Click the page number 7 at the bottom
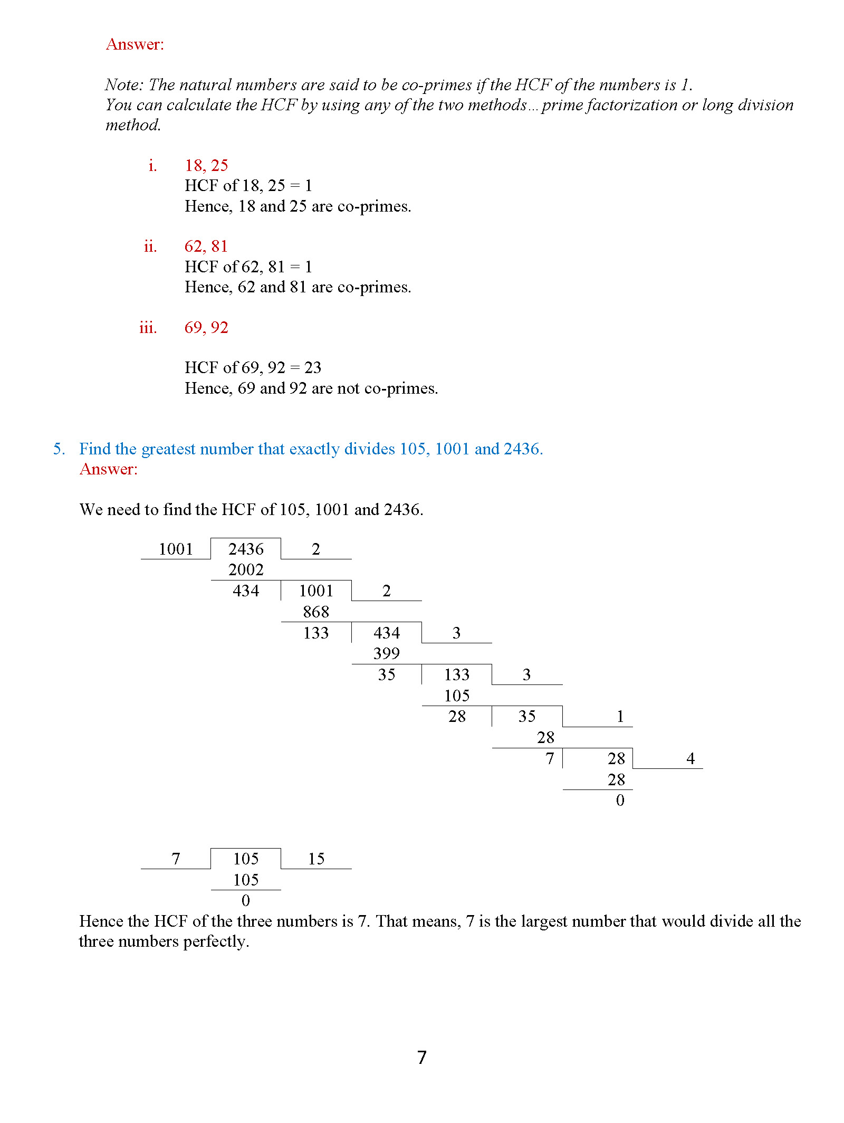[x=421, y=1058]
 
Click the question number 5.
[x=59, y=449]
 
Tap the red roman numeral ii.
[x=150, y=246]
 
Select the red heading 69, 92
[x=206, y=328]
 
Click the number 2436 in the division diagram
[x=246, y=549]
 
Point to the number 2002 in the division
[x=246, y=570]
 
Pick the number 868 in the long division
[x=316, y=612]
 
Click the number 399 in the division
[x=386, y=654]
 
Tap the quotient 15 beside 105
[x=316, y=859]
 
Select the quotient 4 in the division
[x=690, y=759]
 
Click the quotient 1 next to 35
[x=620, y=717]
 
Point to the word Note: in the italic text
[x=124, y=85]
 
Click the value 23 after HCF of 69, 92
[x=313, y=368]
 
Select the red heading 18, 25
[x=206, y=166]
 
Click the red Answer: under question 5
[x=108, y=469]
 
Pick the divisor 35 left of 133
[x=386, y=675]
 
